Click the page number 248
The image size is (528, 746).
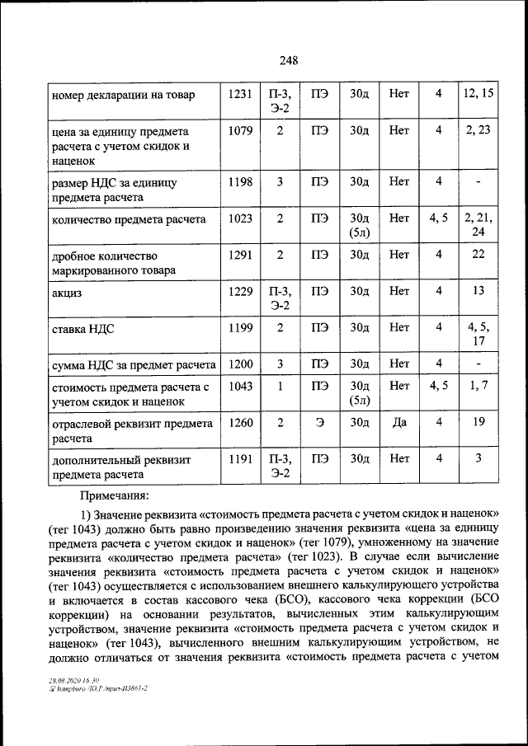(288, 60)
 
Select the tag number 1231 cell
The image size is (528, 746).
(240, 95)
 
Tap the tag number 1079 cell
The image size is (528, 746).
(240, 130)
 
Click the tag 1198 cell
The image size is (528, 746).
(240, 181)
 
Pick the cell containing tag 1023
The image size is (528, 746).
(240, 218)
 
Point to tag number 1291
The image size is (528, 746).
(240, 255)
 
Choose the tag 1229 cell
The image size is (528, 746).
(240, 291)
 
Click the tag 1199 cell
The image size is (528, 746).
(240, 328)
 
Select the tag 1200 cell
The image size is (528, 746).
(240, 364)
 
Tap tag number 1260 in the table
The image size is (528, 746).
(240, 422)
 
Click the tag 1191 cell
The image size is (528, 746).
(240, 458)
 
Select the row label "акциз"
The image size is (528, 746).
(67, 293)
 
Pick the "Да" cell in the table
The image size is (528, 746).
(399, 422)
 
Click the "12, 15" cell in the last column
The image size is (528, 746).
(478, 94)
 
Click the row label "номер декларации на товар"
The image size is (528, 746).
(123, 96)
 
